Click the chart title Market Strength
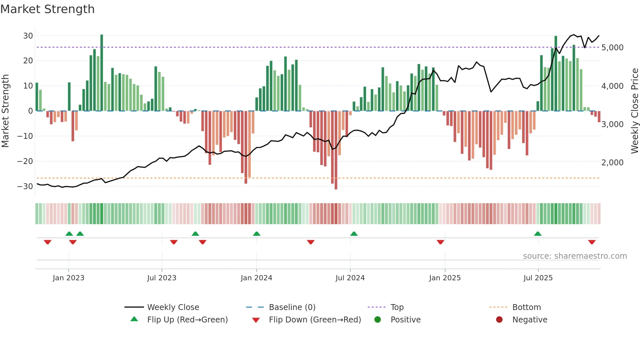click(x=47, y=9)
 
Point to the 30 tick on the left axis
click(x=28, y=36)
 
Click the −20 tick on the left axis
click(x=25, y=161)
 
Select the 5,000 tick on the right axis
click(x=612, y=48)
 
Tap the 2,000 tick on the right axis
click(x=612, y=162)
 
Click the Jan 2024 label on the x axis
click(x=256, y=278)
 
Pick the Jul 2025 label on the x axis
click(x=538, y=278)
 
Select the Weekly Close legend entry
click(x=173, y=307)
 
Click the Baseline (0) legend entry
click(x=292, y=307)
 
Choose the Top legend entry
click(x=397, y=307)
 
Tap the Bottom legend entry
click(x=526, y=307)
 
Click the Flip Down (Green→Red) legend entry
click(x=315, y=320)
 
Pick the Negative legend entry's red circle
click(x=499, y=319)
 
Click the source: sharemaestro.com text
click(x=575, y=256)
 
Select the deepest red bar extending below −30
click(x=336, y=150)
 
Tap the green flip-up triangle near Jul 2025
click(x=537, y=234)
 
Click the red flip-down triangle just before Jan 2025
click(x=440, y=242)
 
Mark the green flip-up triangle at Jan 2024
click(x=257, y=234)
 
